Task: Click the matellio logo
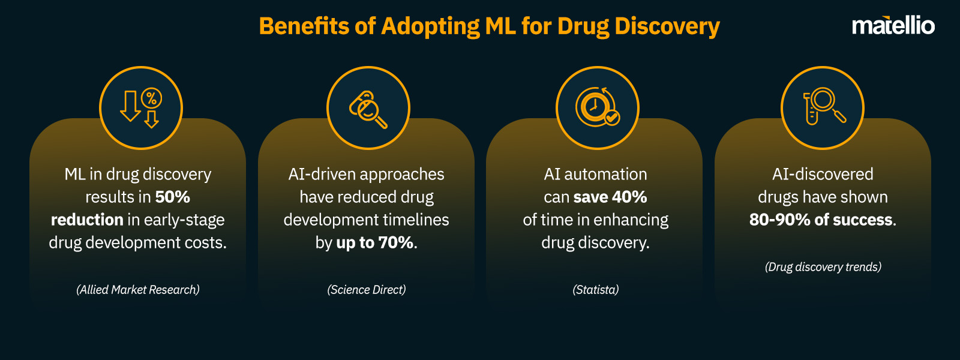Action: coord(893,26)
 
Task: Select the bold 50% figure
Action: coord(172,197)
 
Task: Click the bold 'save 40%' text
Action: coord(610,197)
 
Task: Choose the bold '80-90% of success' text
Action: coord(821,220)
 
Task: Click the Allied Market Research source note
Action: coord(138,290)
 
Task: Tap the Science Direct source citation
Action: coord(367,290)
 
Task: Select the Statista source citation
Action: coord(596,290)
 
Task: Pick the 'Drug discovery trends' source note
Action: coord(823,267)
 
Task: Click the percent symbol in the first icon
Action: coord(152,98)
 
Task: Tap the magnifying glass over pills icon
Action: coord(368,109)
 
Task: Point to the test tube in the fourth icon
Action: coord(811,110)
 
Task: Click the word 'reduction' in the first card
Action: coord(87,220)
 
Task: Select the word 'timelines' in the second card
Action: coord(418,220)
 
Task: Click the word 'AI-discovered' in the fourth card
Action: coord(823,174)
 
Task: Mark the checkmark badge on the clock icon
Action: coord(612,118)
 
